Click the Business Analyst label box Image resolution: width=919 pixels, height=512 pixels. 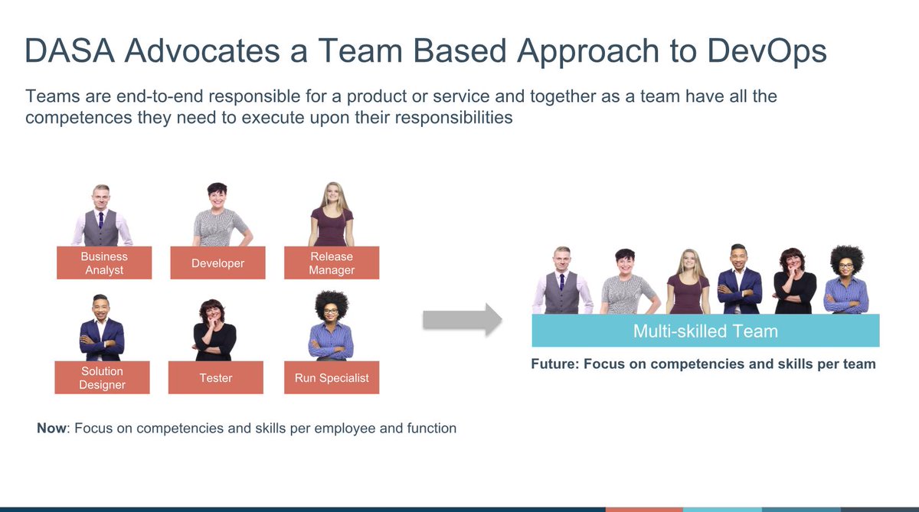tap(103, 263)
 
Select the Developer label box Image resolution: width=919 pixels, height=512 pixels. tap(217, 263)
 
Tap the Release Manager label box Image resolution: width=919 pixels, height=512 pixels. tap(332, 263)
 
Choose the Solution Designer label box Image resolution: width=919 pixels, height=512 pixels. tap(102, 377)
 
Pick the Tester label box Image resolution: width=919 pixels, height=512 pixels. tap(216, 377)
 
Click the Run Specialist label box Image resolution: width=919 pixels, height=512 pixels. tap(332, 377)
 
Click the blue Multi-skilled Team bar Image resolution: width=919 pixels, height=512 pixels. tap(705, 331)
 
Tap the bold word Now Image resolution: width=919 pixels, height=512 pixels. tap(51, 429)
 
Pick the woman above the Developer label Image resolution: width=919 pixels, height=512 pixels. tap(219, 216)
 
